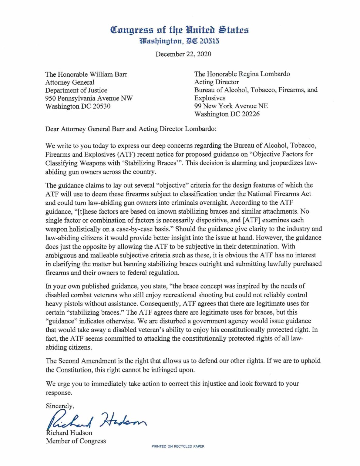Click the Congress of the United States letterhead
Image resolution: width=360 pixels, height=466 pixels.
click(x=180, y=30)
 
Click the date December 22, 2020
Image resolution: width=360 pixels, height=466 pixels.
click(x=183, y=54)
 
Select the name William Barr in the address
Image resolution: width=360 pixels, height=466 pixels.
click(x=109, y=74)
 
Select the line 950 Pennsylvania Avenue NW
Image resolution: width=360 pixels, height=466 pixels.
click(x=89, y=98)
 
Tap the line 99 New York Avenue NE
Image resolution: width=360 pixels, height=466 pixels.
click(x=231, y=106)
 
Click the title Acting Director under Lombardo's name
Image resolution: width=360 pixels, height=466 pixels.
click(x=216, y=82)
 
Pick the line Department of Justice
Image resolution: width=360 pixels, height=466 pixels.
click(x=76, y=90)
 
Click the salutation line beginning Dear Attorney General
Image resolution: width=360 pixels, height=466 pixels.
click(x=131, y=129)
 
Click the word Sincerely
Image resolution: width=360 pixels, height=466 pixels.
click(x=60, y=406)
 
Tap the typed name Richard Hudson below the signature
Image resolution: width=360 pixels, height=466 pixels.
click(x=69, y=433)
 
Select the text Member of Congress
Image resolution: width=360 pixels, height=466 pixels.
click(x=76, y=441)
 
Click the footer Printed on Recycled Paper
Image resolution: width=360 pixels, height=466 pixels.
click(x=178, y=446)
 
